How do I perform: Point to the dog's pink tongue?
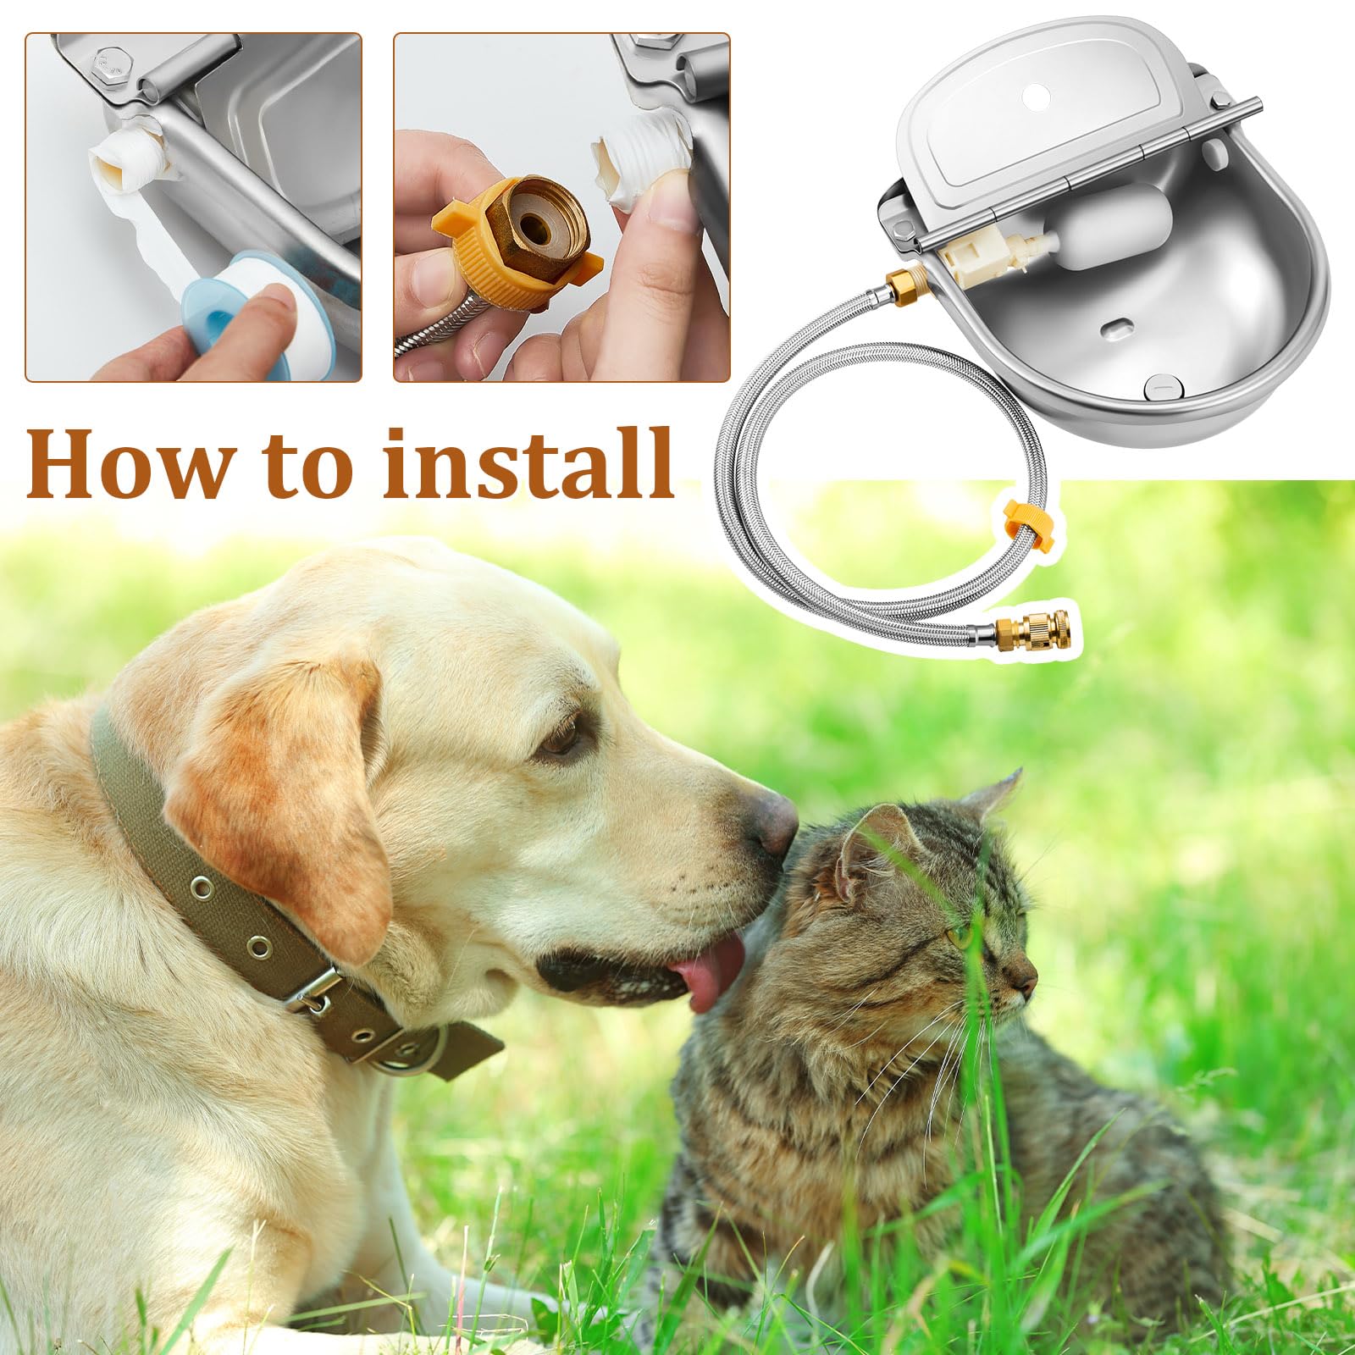tap(713, 973)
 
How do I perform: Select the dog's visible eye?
tap(563, 739)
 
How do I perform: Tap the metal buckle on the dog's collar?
tap(315, 992)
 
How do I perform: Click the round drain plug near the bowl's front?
tap(1160, 387)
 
